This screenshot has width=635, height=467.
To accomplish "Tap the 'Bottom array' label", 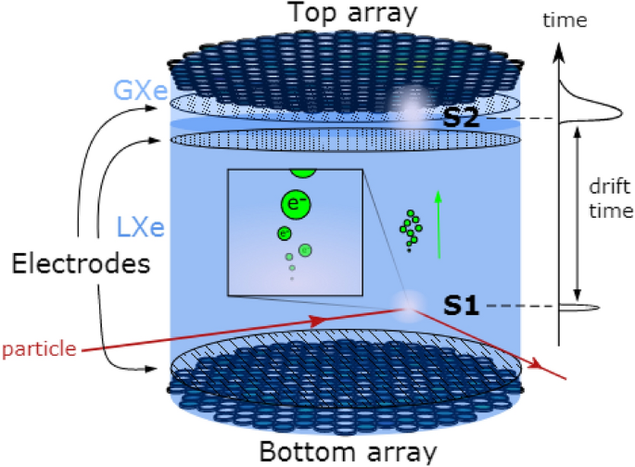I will coord(348,453).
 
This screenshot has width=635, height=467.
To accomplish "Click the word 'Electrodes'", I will coord(81,264).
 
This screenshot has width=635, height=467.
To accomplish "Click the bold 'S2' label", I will coord(461,119).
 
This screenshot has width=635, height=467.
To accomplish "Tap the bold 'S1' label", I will coord(461,305).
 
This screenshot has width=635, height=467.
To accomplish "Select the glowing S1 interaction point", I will coord(405,302).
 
